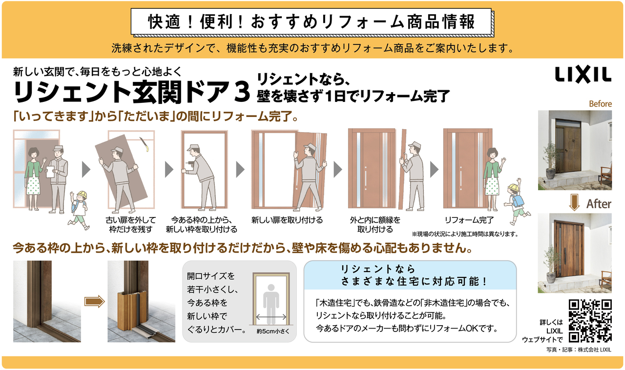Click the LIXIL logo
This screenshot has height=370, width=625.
point(583,75)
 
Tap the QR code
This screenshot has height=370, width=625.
point(590,320)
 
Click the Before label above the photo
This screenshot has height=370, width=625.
point(600,104)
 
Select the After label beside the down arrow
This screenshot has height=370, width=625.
point(599,204)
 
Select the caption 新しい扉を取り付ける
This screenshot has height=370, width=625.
point(287,220)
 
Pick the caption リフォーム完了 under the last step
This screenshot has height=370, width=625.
point(469,220)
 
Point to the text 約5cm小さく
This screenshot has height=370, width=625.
point(271,331)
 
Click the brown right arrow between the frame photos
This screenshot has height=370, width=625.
point(94,301)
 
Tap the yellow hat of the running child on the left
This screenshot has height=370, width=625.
point(81,195)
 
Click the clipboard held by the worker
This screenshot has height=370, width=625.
point(49,172)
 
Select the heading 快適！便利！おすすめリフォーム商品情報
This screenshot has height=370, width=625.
point(311,22)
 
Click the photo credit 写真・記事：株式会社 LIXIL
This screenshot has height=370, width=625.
point(579,350)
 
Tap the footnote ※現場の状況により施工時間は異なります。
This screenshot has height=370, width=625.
point(464,234)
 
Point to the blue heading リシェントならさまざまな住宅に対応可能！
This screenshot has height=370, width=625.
point(409,275)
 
